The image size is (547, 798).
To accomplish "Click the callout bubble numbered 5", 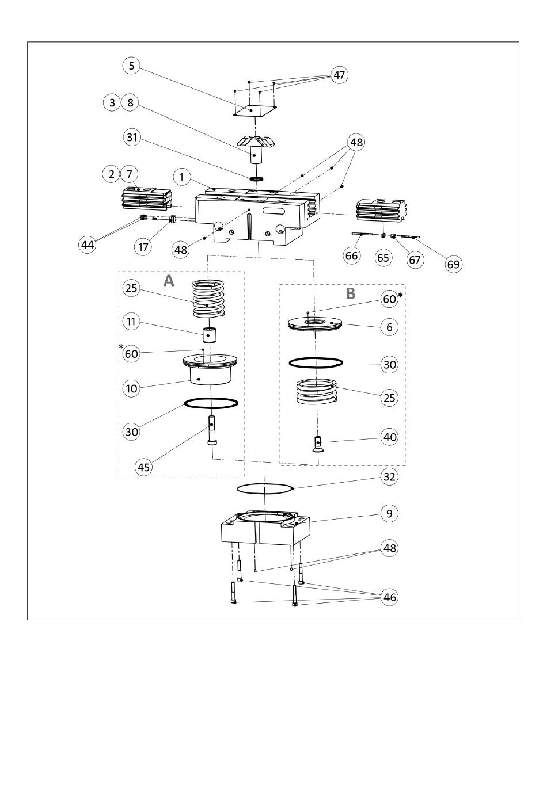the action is click(x=132, y=66).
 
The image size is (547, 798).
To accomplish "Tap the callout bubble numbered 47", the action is click(x=339, y=75).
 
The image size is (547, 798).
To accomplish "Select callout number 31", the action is click(x=132, y=137).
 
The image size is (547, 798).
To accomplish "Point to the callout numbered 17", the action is click(x=143, y=246).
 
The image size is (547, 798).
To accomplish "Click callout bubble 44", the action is click(x=88, y=245).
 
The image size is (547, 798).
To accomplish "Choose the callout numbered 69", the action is click(x=453, y=264).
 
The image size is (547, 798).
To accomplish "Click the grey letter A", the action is click(x=169, y=281).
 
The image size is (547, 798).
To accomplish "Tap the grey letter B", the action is click(x=351, y=293).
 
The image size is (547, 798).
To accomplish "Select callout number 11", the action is click(x=131, y=322).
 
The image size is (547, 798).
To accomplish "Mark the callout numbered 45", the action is click(x=144, y=467).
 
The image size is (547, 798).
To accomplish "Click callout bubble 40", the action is click(x=389, y=437).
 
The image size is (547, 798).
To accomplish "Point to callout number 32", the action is click(x=389, y=476).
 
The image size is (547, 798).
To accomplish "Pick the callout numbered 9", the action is click(x=389, y=513).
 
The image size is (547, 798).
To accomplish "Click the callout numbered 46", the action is click(x=389, y=597).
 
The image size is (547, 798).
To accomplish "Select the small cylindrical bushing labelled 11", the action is click(x=210, y=335).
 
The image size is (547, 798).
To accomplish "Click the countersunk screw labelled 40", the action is click(x=317, y=444).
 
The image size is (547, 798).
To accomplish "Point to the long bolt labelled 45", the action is click(x=212, y=430).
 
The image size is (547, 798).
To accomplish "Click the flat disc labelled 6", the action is click(x=315, y=324).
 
